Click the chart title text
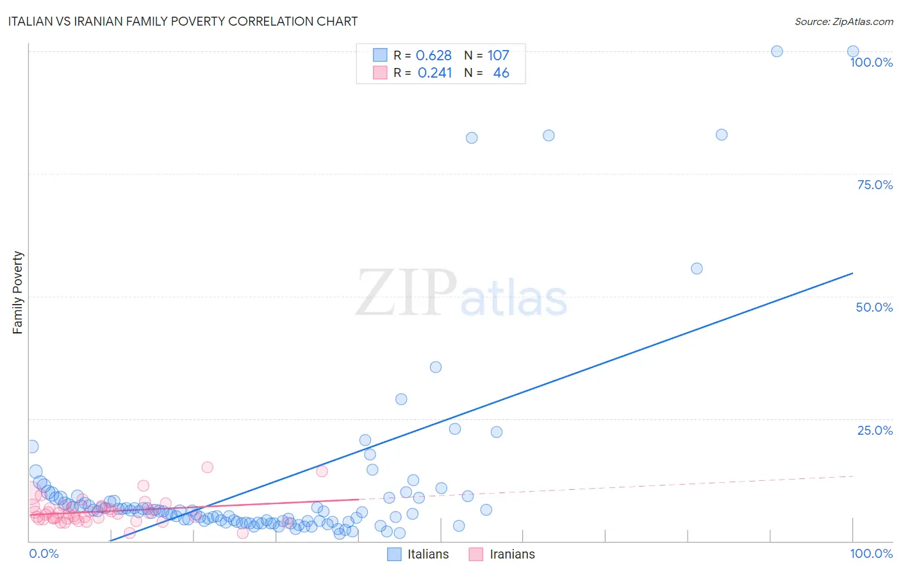pyautogui.click(x=183, y=21)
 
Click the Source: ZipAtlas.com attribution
pyautogui.click(x=843, y=21)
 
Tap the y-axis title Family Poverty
pyautogui.click(x=18, y=292)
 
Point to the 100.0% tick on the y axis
pyautogui.click(x=871, y=62)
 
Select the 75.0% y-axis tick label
pyautogui.click(x=875, y=185)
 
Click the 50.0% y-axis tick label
pyautogui.click(x=874, y=307)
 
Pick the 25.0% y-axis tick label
pyautogui.click(x=875, y=430)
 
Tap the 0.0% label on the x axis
pyautogui.click(x=44, y=553)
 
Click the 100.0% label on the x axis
pyautogui.click(x=871, y=553)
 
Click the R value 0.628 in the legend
pyautogui.click(x=434, y=55)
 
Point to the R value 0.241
pyautogui.click(x=434, y=73)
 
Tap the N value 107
pyautogui.click(x=498, y=55)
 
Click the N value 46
pyautogui.click(x=501, y=73)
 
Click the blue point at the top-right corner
pyautogui.click(x=853, y=51)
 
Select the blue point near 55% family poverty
pyautogui.click(x=697, y=269)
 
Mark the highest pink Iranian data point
pyautogui.click(x=207, y=467)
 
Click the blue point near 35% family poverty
pyautogui.click(x=436, y=367)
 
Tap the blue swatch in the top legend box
pyautogui.click(x=380, y=55)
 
